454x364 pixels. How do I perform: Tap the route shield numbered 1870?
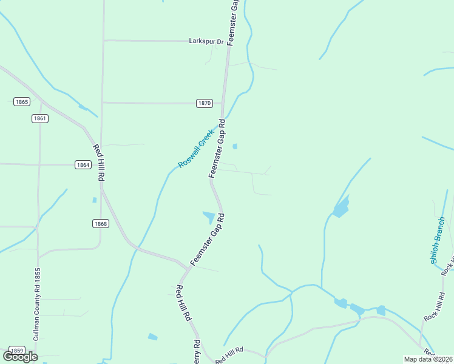pyautogui.click(x=205, y=103)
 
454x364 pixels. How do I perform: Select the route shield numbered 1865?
pyautogui.click(x=22, y=102)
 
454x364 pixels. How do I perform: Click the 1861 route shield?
pyautogui.click(x=40, y=118)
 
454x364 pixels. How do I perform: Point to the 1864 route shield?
pyautogui.click(x=83, y=164)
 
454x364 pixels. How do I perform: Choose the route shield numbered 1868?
pyautogui.click(x=101, y=224)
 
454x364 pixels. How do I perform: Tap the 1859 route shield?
pyautogui.click(x=17, y=351)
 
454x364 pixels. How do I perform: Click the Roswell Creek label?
pyautogui.click(x=196, y=149)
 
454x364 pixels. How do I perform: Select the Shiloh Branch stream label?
pyautogui.click(x=438, y=240)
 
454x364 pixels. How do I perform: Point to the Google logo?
pyautogui.click(x=20, y=356)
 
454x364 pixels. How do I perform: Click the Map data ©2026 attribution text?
pyautogui.click(x=428, y=359)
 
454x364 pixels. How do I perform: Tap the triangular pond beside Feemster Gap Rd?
pyautogui.click(x=209, y=216)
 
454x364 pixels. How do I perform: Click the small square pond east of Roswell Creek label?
pyautogui.click(x=235, y=146)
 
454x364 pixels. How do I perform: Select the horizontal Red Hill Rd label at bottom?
pyautogui.click(x=229, y=355)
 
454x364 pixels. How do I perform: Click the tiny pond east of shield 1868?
pyautogui.click(x=94, y=200)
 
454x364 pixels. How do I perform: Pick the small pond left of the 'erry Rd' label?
pyautogui.click(x=152, y=337)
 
